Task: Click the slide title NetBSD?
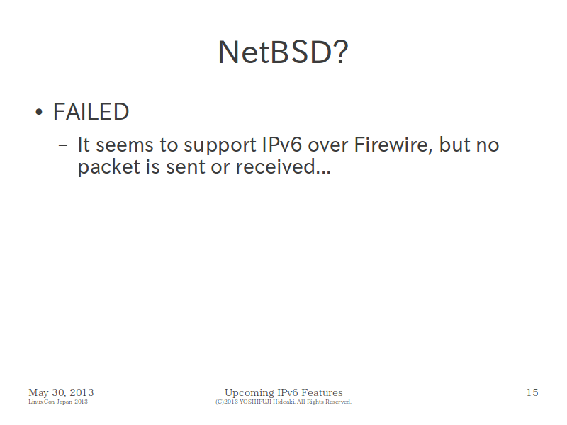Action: (283, 52)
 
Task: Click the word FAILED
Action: (91, 112)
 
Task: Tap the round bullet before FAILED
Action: (39, 112)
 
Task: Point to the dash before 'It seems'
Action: (63, 145)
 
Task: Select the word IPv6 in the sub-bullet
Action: (281, 145)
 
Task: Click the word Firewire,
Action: (393, 145)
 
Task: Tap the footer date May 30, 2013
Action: (61, 392)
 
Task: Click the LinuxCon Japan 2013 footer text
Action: (58, 402)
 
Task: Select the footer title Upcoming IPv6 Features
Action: (283, 393)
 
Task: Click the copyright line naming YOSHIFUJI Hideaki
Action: (283, 402)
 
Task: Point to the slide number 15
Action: (532, 392)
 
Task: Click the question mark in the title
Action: (341, 52)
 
